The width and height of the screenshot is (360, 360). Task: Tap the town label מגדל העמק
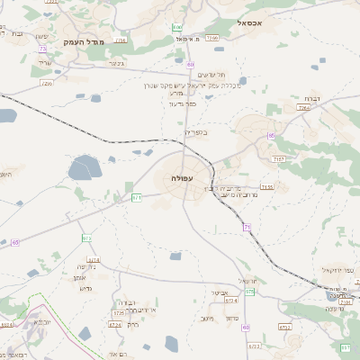coord(85,41)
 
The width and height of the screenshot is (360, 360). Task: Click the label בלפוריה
coord(194,132)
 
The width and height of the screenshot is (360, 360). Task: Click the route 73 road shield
coord(42,48)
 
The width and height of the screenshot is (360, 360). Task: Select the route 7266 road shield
coord(211,39)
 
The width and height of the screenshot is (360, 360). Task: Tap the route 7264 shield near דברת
coord(304,107)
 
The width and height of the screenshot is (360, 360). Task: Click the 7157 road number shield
coord(279,158)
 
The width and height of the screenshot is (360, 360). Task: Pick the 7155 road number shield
coord(267,186)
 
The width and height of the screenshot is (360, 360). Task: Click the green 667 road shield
coord(346,346)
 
